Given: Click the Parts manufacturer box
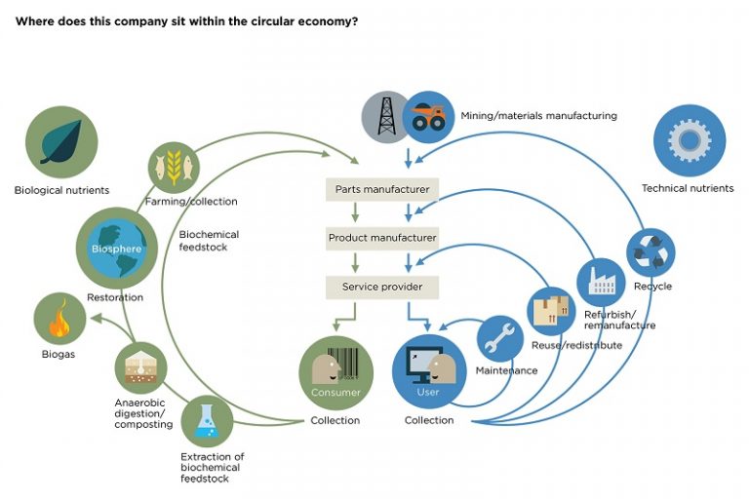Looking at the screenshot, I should tap(381, 189).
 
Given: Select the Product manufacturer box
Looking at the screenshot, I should tap(381, 238).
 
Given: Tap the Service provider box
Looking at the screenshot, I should tap(381, 288).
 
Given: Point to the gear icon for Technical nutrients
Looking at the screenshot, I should tap(689, 140).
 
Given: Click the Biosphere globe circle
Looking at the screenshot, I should tap(116, 247).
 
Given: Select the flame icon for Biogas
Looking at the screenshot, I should tap(60, 320).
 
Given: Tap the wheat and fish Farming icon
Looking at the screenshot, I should tap(174, 167).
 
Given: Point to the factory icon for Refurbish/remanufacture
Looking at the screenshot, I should tap(600, 282).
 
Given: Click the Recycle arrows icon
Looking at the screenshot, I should tap(650, 252).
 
